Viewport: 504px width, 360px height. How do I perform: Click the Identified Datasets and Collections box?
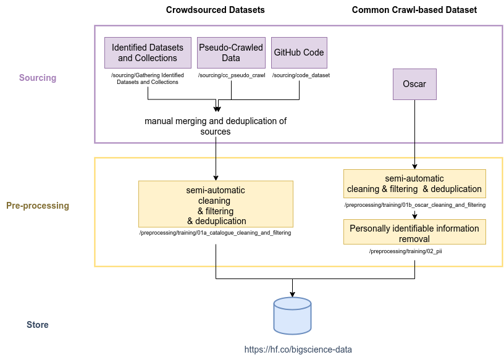[147, 52]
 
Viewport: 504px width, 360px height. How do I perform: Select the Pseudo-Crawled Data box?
[231, 52]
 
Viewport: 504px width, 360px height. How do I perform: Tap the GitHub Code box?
[299, 52]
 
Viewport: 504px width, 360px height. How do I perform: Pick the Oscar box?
[414, 84]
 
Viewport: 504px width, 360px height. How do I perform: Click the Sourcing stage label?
[38, 78]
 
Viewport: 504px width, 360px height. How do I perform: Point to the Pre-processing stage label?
[38, 206]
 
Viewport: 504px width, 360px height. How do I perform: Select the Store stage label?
[38, 325]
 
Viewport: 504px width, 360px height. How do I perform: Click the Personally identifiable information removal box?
[414, 232]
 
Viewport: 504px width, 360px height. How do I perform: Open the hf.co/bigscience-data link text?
[298, 350]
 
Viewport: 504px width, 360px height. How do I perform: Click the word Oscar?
[414, 84]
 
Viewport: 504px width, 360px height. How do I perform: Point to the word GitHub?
[288, 52]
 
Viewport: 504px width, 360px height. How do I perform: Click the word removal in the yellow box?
[414, 238]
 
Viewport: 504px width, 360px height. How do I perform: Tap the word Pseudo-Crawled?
[231, 48]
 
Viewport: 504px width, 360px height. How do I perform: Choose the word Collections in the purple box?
[156, 58]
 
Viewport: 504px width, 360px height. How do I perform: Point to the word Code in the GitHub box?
[313, 52]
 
